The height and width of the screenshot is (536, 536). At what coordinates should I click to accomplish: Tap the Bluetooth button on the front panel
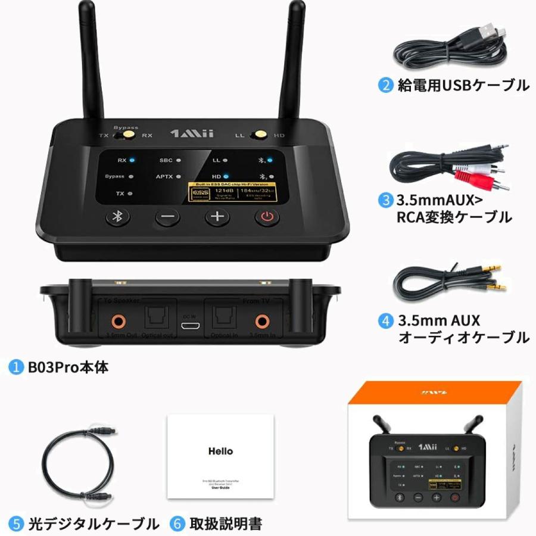(x=117, y=217)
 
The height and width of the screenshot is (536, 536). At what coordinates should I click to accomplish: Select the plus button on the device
(x=217, y=217)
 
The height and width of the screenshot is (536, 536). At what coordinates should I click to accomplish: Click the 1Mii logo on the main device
(x=190, y=134)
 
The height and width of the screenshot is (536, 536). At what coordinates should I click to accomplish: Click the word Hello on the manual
(x=220, y=451)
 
